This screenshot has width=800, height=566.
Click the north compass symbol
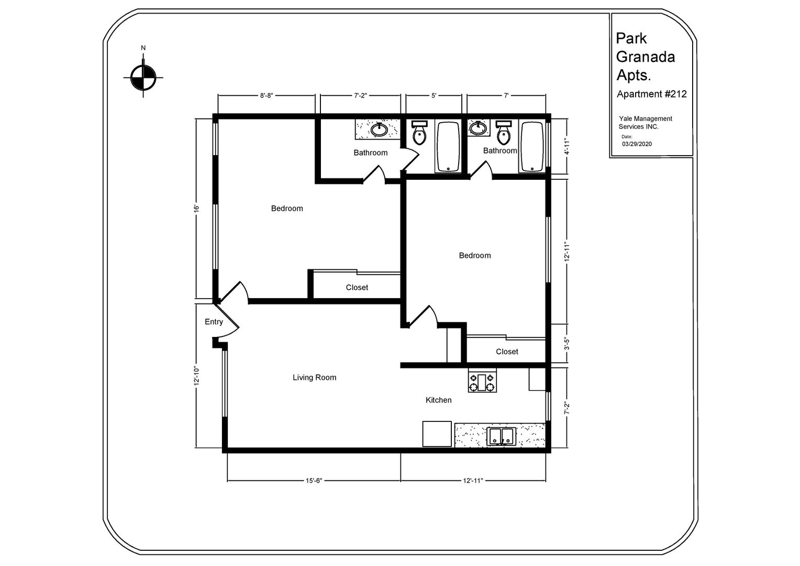(x=143, y=78)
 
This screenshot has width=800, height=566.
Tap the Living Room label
(x=314, y=377)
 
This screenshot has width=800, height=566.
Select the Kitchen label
(x=438, y=400)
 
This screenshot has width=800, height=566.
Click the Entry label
(x=214, y=322)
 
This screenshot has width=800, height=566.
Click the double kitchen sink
(x=501, y=436)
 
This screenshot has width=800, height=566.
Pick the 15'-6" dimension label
(x=314, y=481)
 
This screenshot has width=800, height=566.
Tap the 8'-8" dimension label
(x=266, y=95)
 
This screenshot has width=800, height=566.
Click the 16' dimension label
(x=196, y=209)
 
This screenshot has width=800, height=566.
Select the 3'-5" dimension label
(x=566, y=343)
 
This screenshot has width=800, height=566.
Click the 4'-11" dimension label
(x=566, y=147)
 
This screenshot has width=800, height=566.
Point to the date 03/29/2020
(x=637, y=144)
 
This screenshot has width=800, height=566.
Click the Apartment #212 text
(x=651, y=94)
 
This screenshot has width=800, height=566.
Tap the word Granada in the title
(x=646, y=57)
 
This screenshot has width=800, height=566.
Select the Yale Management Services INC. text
(x=645, y=123)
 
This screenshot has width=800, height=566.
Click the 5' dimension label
(x=434, y=95)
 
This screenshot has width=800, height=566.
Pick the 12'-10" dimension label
(x=196, y=376)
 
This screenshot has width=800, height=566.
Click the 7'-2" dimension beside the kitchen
(x=566, y=408)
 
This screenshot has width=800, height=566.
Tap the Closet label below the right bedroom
(x=507, y=352)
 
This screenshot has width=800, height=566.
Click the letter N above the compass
(x=143, y=48)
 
